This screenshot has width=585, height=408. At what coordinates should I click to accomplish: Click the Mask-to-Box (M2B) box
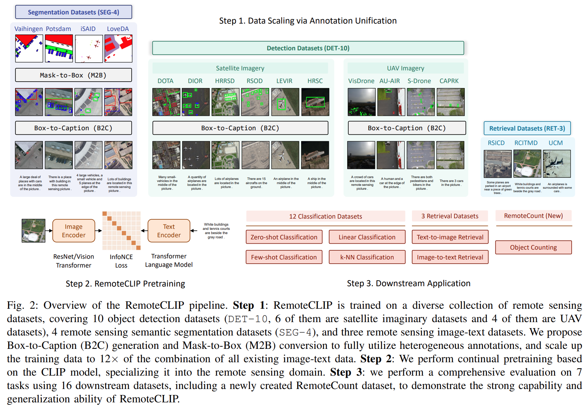[73, 75]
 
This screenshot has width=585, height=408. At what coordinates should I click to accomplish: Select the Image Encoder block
[74, 231]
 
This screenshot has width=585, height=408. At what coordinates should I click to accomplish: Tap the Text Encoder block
[169, 231]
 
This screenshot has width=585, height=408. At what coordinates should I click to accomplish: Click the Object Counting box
[533, 247]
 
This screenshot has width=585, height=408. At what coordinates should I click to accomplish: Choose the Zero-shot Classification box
[284, 237]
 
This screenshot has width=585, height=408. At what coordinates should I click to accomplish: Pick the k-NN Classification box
[367, 257]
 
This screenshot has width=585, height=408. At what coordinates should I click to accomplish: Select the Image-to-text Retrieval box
[450, 257]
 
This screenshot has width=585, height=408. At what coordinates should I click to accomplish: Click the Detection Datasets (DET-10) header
[308, 48]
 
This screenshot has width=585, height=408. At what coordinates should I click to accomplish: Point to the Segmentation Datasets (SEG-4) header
[74, 12]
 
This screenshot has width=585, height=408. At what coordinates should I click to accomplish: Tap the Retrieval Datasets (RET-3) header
[527, 128]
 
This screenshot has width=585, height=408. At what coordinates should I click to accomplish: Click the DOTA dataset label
[165, 81]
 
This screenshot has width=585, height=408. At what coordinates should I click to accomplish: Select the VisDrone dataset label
[361, 81]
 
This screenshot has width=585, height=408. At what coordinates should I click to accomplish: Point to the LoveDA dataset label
[118, 29]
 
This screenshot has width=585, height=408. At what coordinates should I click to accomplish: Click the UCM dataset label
[555, 143]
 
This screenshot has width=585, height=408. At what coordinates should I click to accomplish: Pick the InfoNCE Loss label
[121, 261]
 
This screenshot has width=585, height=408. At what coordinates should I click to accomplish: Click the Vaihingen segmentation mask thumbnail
[29, 49]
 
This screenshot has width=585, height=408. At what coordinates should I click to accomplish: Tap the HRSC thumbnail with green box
[315, 102]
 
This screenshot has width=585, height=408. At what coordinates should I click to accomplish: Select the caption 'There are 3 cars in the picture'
[451, 183]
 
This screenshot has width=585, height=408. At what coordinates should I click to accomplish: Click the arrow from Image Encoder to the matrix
[98, 231]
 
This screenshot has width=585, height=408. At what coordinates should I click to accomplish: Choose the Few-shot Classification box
[284, 257]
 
